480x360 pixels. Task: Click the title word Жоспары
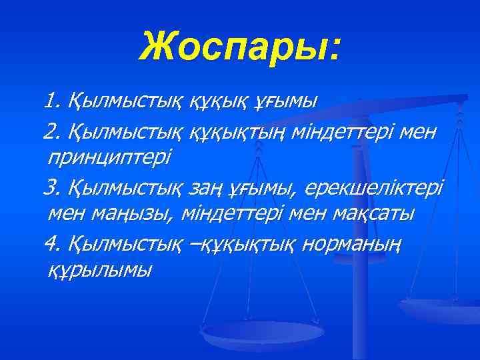tap(233, 47)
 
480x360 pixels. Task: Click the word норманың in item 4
tap(351, 245)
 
